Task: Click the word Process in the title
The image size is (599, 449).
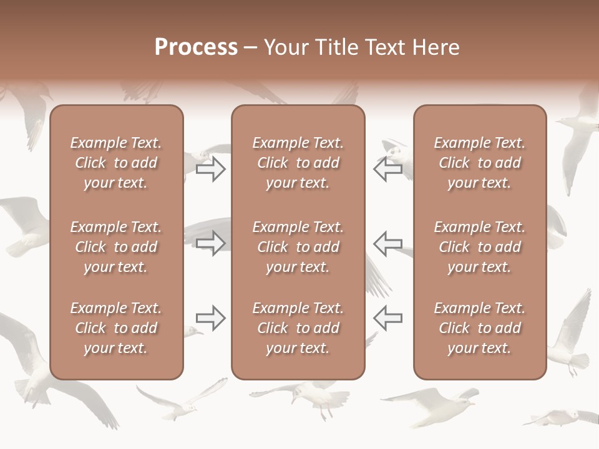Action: pyautogui.click(x=196, y=47)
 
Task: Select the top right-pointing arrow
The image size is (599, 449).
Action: pyautogui.click(x=211, y=169)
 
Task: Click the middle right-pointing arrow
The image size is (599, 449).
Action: pyautogui.click(x=211, y=243)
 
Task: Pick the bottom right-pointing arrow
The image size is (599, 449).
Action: pyautogui.click(x=211, y=318)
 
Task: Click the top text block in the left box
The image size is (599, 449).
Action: pyautogui.click(x=116, y=163)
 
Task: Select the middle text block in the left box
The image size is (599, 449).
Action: pyautogui.click(x=116, y=247)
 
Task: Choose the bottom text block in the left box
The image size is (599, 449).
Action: pyautogui.click(x=116, y=328)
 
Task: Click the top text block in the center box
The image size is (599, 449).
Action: pyautogui.click(x=298, y=163)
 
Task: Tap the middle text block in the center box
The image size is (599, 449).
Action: pyautogui.click(x=298, y=247)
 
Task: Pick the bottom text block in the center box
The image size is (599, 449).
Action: pyautogui.click(x=298, y=328)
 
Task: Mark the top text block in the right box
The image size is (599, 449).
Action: pyautogui.click(x=479, y=163)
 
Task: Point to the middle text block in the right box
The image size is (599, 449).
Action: pyautogui.click(x=479, y=247)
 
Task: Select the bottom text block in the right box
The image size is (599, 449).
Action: pyautogui.click(x=479, y=328)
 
